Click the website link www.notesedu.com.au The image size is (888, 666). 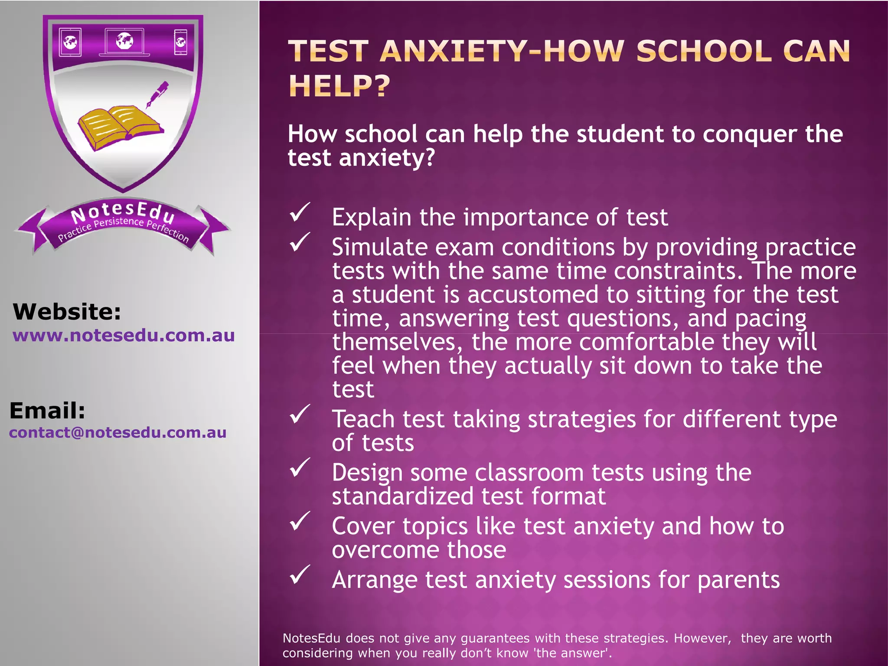tap(124, 336)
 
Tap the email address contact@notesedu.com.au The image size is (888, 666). tap(118, 433)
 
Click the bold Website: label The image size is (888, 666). tap(67, 312)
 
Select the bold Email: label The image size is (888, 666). tap(47, 411)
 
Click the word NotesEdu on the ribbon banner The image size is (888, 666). tap(123, 212)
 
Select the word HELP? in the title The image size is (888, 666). tap(340, 86)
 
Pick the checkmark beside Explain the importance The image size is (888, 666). tap(300, 212)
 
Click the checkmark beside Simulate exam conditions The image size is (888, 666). tap(300, 242)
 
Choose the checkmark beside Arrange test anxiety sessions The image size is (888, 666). tap(300, 575)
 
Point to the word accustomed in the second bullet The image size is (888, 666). tap(533, 295)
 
